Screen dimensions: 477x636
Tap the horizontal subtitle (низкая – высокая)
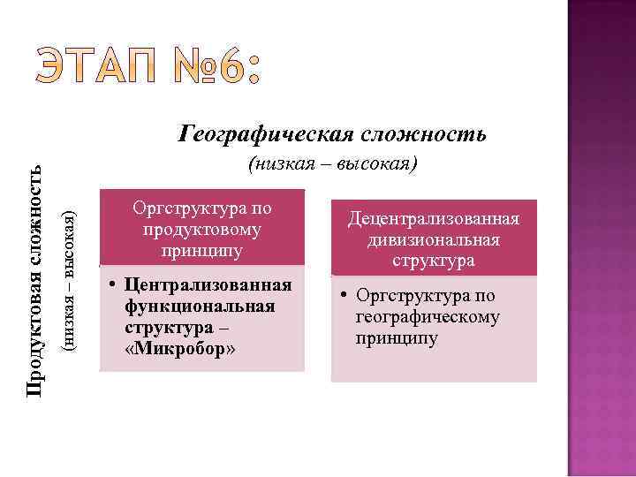(x=332, y=164)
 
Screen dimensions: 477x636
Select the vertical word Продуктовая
(x=34, y=337)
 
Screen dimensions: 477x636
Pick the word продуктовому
(x=201, y=230)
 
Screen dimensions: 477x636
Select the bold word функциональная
(x=199, y=306)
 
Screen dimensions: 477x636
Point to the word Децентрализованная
(x=433, y=219)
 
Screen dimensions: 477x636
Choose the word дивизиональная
(x=433, y=239)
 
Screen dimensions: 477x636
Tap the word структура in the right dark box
(x=433, y=261)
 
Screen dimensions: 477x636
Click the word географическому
(x=428, y=317)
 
